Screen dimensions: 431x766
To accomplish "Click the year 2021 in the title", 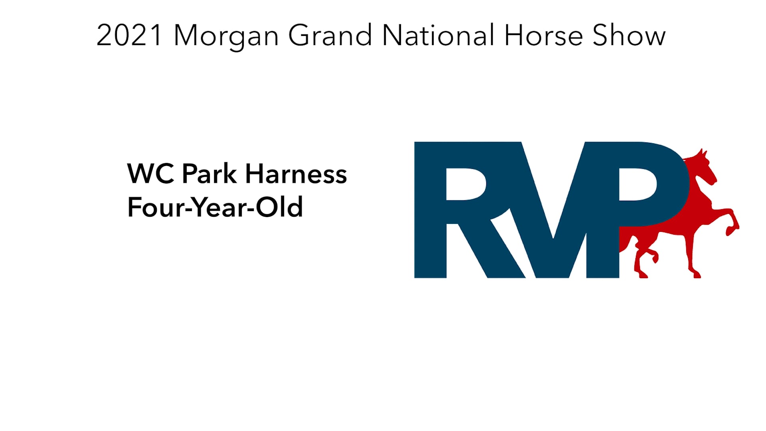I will tap(129, 36).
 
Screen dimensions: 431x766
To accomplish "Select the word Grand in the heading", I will tap(330, 36).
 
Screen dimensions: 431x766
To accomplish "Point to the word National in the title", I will tap(438, 36).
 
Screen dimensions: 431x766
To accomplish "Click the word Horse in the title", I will tap(543, 36).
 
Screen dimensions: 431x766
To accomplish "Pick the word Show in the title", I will tap(629, 36).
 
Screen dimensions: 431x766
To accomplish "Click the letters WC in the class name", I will tap(151, 174).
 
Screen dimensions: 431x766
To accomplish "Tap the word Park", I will tap(209, 174).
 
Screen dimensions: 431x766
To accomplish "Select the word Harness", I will tap(296, 174).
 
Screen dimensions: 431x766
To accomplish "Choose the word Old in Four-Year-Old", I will tap(279, 208).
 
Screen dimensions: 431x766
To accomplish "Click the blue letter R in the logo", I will tap(459, 210).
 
